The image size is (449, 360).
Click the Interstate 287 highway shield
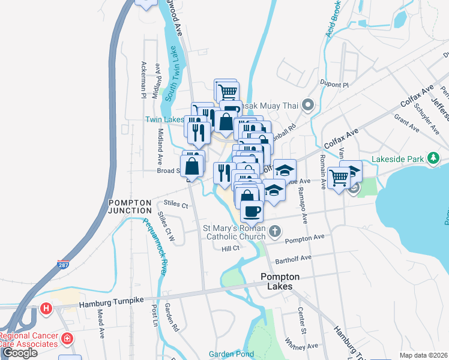coord(62,264)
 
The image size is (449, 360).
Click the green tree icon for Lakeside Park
coord(433,158)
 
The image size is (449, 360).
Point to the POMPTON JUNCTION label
coord(130,206)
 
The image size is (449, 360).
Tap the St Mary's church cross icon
coord(274,231)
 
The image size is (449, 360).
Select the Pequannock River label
coord(154,247)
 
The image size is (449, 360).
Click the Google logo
coord(19,353)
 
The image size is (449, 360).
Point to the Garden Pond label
coord(232,354)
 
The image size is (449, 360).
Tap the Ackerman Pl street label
coord(143,80)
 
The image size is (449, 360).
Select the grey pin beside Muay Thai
coord(308,106)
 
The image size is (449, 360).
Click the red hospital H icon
coord(46,309)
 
